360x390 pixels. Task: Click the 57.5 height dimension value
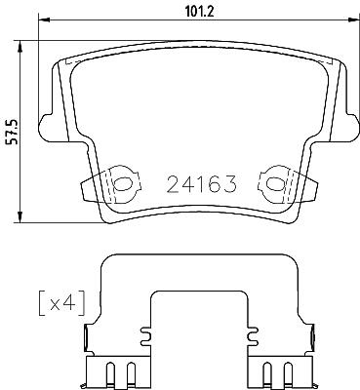[x=14, y=132]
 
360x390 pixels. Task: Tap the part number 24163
[x=201, y=184]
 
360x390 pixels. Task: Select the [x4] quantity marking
[x=61, y=303]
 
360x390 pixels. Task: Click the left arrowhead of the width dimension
[x=44, y=20]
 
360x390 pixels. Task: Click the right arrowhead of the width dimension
[x=353, y=19]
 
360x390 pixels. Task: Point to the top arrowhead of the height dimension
[x=20, y=46]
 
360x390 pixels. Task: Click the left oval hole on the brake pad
[x=122, y=184]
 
